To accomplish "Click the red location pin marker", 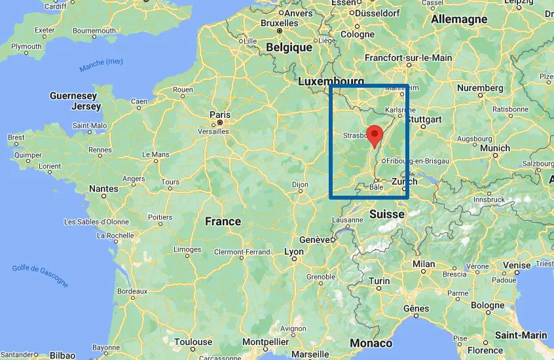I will click(374, 134).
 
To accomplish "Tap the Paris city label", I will click(220, 115).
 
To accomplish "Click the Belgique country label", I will click(289, 47).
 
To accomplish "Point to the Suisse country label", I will click(386, 214).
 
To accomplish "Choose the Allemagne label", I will click(459, 19).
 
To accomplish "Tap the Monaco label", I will click(371, 343).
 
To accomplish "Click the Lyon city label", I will click(294, 251).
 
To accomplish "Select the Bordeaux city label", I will click(132, 290).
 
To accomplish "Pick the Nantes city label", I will click(103, 189).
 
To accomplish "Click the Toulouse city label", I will click(193, 342).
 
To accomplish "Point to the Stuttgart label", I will click(424, 119).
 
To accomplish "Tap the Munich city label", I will click(494, 149).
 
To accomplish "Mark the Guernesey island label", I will click(73, 96).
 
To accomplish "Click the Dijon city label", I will click(299, 185).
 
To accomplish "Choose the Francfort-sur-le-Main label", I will click(408, 58).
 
